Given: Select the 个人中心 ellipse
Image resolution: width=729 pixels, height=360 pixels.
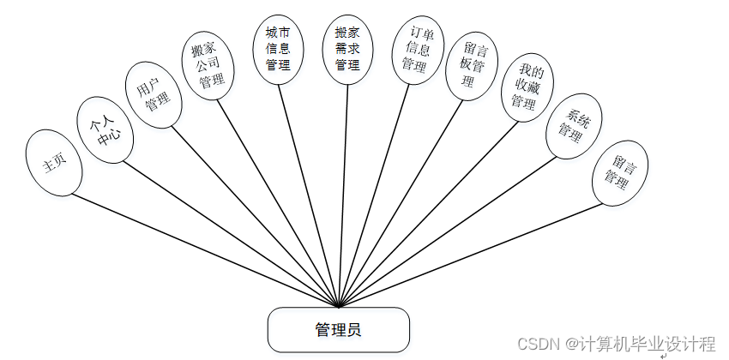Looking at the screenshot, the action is click(x=104, y=129).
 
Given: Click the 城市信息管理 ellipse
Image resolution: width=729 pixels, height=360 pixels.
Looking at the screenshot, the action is click(x=278, y=49).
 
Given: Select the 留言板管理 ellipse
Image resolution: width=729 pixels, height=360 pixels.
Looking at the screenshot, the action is click(x=473, y=65).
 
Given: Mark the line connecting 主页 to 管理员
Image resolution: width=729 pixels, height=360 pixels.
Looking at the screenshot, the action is click(x=206, y=249).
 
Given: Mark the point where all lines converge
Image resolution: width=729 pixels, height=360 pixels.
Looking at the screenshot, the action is click(x=340, y=305).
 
